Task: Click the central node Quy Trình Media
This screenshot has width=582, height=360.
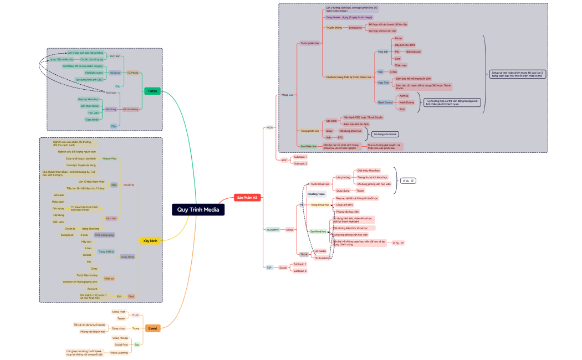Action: pyautogui.click(x=198, y=209)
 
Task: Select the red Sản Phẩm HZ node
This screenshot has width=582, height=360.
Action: pyautogui.click(x=247, y=198)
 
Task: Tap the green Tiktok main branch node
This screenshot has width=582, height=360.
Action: pyautogui.click(x=152, y=91)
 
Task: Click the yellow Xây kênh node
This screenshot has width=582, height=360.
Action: pyautogui.click(x=150, y=241)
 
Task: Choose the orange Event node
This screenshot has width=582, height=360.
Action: pyautogui.click(x=153, y=328)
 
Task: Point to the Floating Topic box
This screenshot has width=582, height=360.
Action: pyautogui.click(x=316, y=194)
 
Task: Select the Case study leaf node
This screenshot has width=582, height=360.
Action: pyautogui.click(x=92, y=119)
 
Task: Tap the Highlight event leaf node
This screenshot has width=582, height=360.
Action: pyautogui.click(x=94, y=73)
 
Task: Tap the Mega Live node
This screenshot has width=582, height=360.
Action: pyautogui.click(x=287, y=95)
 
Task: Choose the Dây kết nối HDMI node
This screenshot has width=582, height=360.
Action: pyautogui.click(x=404, y=44)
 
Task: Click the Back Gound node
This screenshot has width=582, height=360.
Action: pyautogui.click(x=385, y=102)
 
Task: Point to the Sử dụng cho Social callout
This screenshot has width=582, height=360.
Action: pyautogui.click(x=385, y=134)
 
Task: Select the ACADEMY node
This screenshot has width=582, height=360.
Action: pyautogui.click(x=273, y=229)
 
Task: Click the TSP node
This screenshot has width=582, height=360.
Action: pyautogui.click(x=269, y=268)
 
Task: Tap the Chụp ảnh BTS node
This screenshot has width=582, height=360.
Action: pyautogui.click(x=345, y=204)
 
